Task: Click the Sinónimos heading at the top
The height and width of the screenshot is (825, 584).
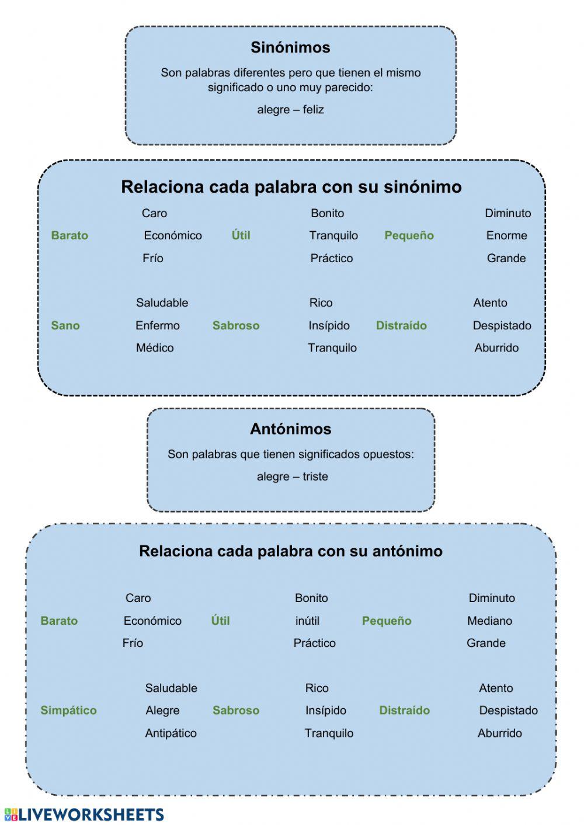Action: (x=290, y=47)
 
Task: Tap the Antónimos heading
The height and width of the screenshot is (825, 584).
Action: (x=290, y=429)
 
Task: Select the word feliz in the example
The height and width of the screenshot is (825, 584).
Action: (x=313, y=110)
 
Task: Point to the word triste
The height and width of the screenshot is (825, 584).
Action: (x=315, y=476)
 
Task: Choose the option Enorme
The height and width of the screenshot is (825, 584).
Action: (x=506, y=236)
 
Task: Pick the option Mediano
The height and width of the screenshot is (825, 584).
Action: (x=489, y=621)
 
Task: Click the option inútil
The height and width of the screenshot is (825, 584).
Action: (x=307, y=621)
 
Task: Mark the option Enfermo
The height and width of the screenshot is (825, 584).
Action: (x=158, y=326)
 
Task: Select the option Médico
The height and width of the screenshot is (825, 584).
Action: (x=155, y=348)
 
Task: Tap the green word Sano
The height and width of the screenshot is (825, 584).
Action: (x=65, y=326)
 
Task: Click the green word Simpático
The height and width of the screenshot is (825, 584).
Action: (x=68, y=711)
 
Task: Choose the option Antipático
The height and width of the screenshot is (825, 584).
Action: (x=171, y=733)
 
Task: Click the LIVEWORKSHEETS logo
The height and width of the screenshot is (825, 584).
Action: (x=84, y=814)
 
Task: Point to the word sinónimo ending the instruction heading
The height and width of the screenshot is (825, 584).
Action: (x=422, y=187)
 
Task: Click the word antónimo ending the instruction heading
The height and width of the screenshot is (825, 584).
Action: (x=407, y=551)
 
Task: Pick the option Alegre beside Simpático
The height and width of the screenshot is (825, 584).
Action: (x=162, y=711)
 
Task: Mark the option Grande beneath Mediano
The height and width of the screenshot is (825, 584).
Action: (x=486, y=643)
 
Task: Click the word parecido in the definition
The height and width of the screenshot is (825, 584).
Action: (x=348, y=88)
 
